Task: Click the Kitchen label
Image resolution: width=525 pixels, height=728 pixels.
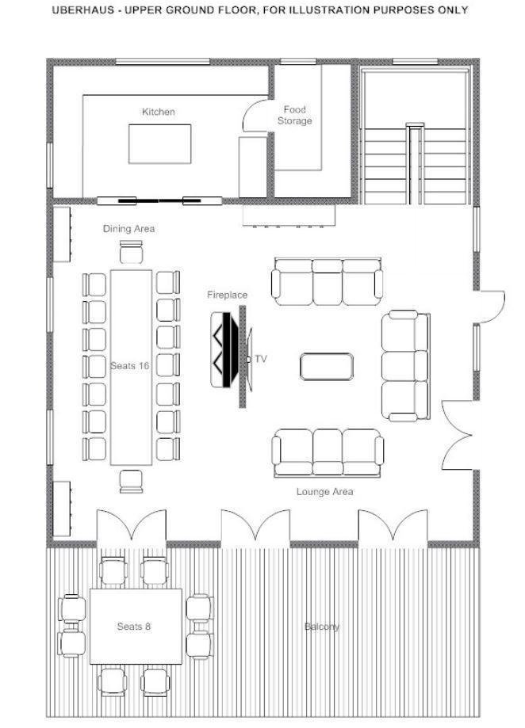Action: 159,112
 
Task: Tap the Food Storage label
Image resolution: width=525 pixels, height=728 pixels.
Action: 294,116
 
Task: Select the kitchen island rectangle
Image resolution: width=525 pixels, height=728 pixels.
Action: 159,143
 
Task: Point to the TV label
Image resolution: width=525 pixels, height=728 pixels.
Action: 261,359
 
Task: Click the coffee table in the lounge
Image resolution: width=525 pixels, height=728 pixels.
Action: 327,366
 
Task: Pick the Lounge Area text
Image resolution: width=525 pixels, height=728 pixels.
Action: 324,492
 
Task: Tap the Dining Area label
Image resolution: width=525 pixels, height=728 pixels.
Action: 129,229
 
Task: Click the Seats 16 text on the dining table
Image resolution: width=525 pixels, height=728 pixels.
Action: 130,365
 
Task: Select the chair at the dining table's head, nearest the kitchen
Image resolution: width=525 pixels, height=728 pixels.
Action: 131,252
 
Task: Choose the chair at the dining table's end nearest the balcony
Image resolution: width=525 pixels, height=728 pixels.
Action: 131,481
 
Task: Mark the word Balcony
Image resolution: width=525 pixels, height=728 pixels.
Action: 322,627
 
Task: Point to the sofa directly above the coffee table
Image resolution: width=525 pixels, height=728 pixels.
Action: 327,282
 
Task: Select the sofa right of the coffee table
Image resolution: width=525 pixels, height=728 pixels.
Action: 405,365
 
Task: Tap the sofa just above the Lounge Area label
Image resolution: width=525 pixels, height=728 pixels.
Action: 328,452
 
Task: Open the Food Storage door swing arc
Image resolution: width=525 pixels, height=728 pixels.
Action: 255,117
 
